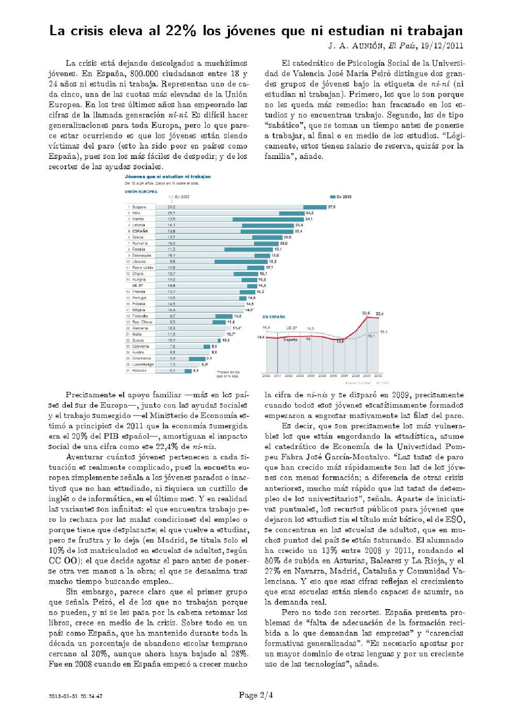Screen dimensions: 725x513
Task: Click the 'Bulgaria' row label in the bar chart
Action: pyautogui.click(x=139, y=207)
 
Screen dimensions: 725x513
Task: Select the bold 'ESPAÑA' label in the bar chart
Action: pyautogui.click(x=140, y=231)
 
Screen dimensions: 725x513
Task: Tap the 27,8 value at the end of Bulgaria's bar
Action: pyautogui.click(x=332, y=207)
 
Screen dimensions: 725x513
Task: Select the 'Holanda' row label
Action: pyautogui.click(x=139, y=371)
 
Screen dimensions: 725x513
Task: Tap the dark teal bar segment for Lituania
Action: pyautogui.click(x=241, y=262)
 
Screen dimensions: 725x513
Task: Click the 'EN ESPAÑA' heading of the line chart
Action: pyautogui.click(x=274, y=317)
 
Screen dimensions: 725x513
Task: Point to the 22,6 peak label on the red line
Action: pyautogui.click(x=366, y=313)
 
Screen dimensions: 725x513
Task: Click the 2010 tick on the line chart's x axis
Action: pyautogui.click(x=378, y=376)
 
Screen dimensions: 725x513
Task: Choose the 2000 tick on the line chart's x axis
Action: pyautogui.click(x=266, y=376)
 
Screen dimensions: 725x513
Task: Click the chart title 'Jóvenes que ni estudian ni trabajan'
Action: pyautogui.click(x=168, y=177)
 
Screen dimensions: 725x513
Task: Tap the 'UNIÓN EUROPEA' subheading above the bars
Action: pyautogui.click(x=141, y=192)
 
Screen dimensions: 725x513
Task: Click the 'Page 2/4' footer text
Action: pyautogui.click(x=256, y=695)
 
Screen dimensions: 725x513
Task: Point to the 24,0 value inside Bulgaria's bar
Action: pyautogui.click(x=171, y=207)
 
